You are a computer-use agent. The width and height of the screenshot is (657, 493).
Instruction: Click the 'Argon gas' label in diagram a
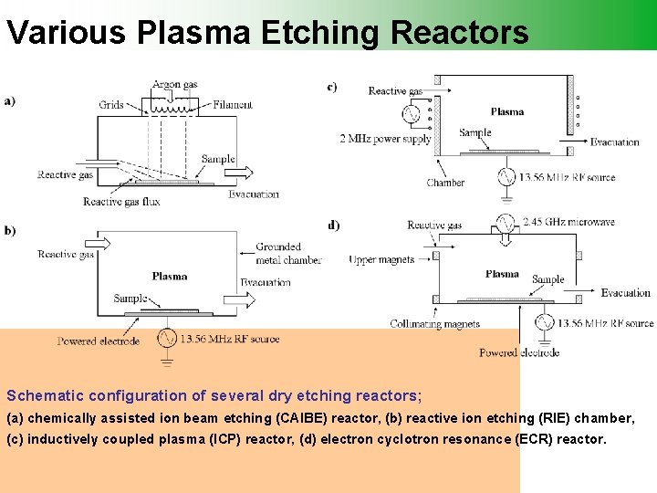pos(174,85)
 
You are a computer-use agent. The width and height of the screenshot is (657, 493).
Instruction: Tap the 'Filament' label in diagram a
pos(233,105)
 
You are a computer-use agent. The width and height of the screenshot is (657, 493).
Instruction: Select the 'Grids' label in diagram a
pos(111,105)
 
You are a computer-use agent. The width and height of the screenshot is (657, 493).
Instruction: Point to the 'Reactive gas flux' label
pos(121,202)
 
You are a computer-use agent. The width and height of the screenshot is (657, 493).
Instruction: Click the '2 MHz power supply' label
pos(385,139)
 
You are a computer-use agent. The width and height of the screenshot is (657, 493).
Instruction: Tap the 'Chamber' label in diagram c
pos(445,183)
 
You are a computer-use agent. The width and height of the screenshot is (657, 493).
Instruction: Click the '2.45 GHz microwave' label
pos(569,222)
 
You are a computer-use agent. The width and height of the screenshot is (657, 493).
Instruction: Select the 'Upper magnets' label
pos(381,260)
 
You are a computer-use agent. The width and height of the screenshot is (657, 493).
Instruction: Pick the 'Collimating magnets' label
pos(434,324)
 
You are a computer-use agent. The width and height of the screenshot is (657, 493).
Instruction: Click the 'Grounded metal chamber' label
pos(288,253)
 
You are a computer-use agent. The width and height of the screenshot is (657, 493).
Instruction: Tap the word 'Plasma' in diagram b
pos(170,277)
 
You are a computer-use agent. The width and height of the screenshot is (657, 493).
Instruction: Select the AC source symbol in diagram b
pos(167,339)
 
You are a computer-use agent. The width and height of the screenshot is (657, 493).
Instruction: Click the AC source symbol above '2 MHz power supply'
pos(410,114)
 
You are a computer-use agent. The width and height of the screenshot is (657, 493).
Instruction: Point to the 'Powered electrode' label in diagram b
pos(99,341)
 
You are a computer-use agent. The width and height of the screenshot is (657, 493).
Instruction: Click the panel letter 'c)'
pos(331,88)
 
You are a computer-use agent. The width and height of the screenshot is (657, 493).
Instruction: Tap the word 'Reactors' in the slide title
pos(459,33)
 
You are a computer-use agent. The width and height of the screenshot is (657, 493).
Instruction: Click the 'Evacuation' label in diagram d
pos(626,293)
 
